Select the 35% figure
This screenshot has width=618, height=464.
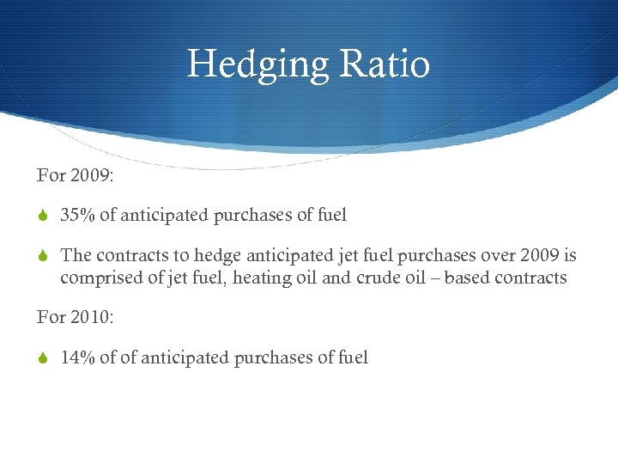[x=78, y=216]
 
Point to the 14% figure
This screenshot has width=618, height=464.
[x=77, y=357]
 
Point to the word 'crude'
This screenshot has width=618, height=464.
[x=379, y=278]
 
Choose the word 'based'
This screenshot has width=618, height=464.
[x=470, y=278]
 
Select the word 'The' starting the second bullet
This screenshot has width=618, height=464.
[x=76, y=256]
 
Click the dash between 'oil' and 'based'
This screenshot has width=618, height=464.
[x=437, y=278]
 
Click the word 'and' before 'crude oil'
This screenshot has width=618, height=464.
[x=336, y=278]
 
